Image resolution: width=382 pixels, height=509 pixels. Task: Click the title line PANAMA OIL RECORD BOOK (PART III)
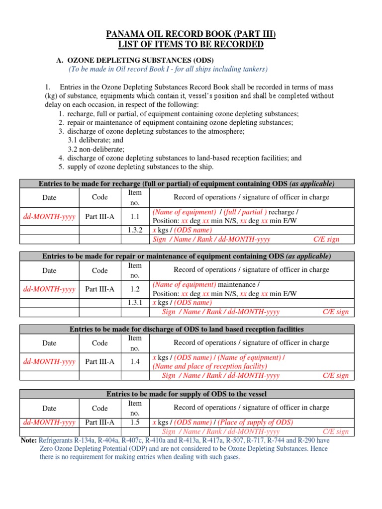click(x=191, y=34)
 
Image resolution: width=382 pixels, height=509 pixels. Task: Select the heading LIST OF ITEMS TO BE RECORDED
click(x=191, y=45)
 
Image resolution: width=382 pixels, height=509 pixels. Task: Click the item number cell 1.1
click(x=135, y=217)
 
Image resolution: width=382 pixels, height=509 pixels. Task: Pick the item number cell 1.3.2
click(x=135, y=230)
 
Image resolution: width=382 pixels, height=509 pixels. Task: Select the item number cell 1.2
click(x=135, y=289)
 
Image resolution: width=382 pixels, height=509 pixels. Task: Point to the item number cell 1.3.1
click(x=135, y=302)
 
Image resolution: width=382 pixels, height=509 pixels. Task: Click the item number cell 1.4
click(x=135, y=362)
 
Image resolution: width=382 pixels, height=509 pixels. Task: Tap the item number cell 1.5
click(x=135, y=422)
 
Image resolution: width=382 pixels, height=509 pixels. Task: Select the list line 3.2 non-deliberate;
click(x=96, y=149)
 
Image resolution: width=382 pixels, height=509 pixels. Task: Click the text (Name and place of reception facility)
click(x=209, y=366)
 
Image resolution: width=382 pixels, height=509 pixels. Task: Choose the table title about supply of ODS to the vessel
click(x=187, y=394)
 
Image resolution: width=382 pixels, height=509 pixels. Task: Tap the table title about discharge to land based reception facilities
click(x=187, y=329)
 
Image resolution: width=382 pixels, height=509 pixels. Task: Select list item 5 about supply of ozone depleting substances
click(x=135, y=167)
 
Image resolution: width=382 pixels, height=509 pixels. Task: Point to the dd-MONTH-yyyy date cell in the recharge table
click(x=49, y=217)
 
